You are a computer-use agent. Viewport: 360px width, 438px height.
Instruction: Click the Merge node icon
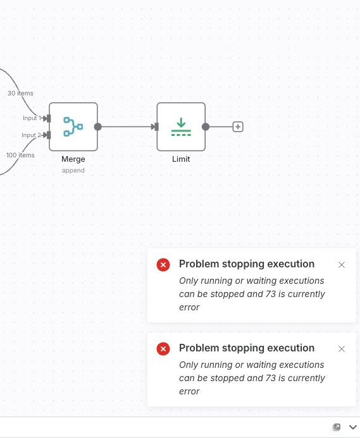(x=73, y=127)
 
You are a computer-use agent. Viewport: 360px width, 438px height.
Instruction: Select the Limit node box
(x=181, y=127)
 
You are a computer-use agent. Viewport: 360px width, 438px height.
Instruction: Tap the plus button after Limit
(x=238, y=127)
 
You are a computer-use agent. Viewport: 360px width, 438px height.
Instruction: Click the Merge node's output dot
(x=97, y=127)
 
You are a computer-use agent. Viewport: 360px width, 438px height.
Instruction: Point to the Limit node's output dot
(x=206, y=127)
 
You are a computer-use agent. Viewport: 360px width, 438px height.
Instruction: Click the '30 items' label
(x=20, y=94)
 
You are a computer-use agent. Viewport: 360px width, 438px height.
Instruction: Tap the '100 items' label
(x=20, y=155)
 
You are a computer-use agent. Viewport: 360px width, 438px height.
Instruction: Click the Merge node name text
(x=73, y=159)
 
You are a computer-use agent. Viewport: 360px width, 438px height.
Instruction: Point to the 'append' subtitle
(x=73, y=171)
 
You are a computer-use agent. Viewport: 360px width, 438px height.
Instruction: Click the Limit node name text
(x=181, y=159)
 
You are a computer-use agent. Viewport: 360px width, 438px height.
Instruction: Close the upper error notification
(x=342, y=265)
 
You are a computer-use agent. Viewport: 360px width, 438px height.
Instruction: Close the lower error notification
(x=342, y=349)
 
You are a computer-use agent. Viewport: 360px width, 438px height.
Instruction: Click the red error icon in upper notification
(x=163, y=265)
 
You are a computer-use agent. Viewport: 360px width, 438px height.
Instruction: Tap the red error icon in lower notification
(x=163, y=349)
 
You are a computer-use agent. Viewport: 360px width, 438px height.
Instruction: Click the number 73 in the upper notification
(x=271, y=294)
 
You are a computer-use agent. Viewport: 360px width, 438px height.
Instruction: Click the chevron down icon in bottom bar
(x=353, y=427)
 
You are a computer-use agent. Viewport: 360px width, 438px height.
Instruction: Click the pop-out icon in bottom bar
(x=337, y=427)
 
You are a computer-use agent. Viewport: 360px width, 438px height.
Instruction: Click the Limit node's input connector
(x=156, y=127)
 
